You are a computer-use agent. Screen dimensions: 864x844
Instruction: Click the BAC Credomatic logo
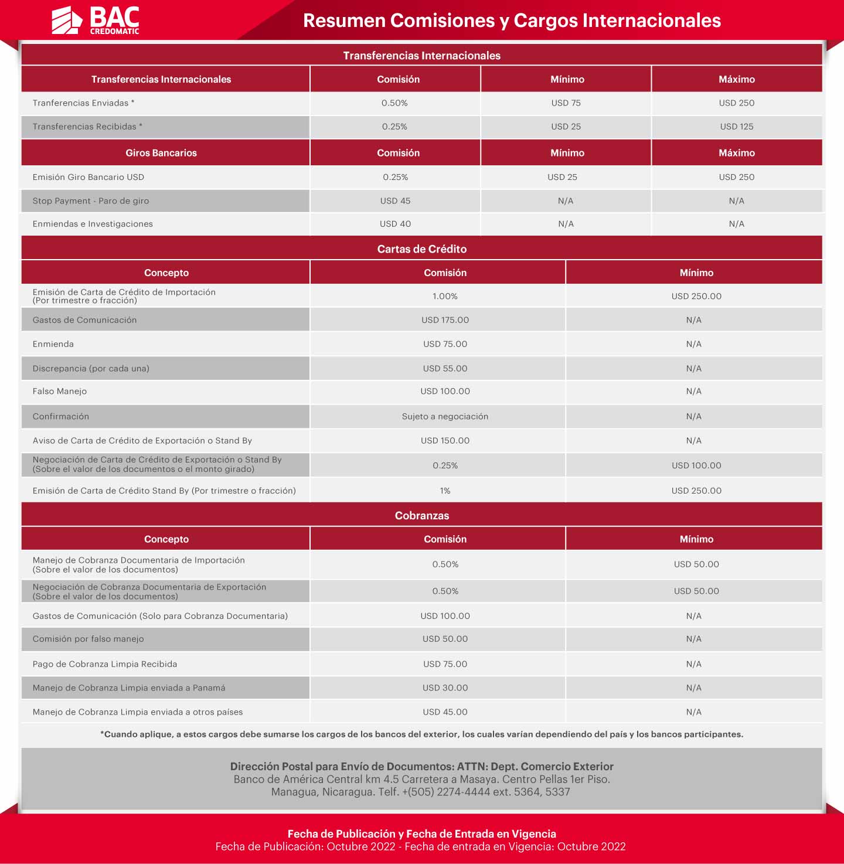(x=96, y=21)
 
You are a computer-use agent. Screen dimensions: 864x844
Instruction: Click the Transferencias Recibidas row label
(x=87, y=127)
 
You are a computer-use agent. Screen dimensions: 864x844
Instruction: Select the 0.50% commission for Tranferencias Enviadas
(x=394, y=103)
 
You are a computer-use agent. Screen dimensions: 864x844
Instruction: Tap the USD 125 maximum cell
(x=737, y=127)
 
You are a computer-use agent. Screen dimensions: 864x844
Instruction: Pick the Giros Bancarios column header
(x=161, y=153)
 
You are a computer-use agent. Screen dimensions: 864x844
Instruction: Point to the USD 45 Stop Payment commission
(x=395, y=201)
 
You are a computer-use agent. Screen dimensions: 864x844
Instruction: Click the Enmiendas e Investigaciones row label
(x=93, y=224)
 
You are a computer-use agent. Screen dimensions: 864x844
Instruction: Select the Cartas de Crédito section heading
(x=422, y=249)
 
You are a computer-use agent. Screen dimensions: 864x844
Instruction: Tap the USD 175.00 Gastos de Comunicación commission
(x=445, y=320)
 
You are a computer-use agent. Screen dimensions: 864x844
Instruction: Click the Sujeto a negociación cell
(x=445, y=417)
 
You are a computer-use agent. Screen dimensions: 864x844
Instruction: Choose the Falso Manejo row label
(x=60, y=392)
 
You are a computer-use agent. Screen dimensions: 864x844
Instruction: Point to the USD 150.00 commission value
(x=445, y=441)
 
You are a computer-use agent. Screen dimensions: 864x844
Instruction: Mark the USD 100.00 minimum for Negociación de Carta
(x=696, y=465)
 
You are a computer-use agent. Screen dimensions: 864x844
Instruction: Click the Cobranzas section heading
(x=422, y=516)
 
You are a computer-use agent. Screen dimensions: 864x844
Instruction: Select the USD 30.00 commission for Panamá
(x=445, y=688)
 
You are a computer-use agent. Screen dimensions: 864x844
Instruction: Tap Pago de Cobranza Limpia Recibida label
(x=105, y=664)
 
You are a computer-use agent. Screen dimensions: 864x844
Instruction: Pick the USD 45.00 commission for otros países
(x=445, y=712)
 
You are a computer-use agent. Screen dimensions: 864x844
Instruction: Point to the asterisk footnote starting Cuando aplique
(x=422, y=734)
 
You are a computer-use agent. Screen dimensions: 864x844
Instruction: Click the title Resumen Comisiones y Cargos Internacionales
(x=512, y=21)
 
